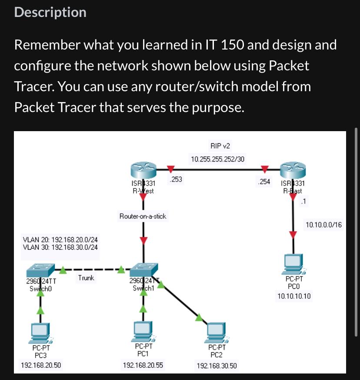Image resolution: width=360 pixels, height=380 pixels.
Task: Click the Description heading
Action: [x=50, y=12]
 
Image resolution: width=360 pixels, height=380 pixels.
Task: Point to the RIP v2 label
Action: [x=217, y=146]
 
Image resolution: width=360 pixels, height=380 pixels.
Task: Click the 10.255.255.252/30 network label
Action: [x=217, y=159]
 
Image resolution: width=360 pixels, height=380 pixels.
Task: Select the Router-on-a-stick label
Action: [x=143, y=216]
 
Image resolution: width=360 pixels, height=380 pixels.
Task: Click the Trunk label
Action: [x=86, y=278]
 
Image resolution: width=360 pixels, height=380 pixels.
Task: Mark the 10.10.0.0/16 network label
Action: [x=323, y=225]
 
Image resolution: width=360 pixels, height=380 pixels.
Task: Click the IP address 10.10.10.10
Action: [x=294, y=297]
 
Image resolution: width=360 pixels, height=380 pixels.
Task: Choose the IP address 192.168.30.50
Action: [x=217, y=366]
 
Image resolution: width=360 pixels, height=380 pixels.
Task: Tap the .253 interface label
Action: [x=176, y=178]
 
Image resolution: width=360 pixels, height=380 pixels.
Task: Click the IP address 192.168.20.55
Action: [x=143, y=365]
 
